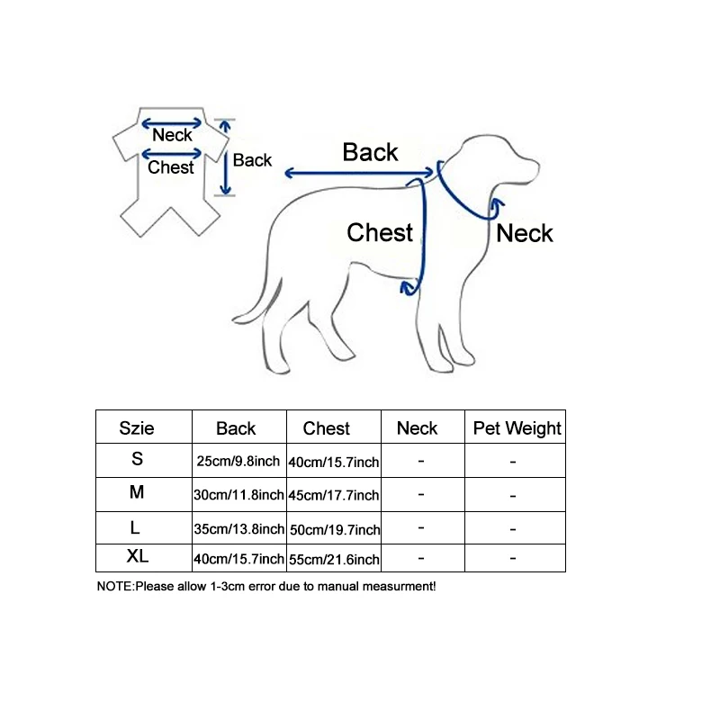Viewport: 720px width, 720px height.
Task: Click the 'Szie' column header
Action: (137, 428)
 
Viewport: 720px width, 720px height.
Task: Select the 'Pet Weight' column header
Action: (517, 428)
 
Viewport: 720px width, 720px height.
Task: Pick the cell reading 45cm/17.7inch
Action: (335, 495)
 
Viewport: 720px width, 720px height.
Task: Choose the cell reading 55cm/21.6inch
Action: (335, 560)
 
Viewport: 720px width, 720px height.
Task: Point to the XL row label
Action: (137, 557)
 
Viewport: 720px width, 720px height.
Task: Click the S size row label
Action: (137, 459)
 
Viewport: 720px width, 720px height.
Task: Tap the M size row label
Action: (137, 492)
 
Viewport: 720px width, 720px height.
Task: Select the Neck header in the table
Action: (417, 428)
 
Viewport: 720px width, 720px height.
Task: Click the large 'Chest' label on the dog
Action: (380, 232)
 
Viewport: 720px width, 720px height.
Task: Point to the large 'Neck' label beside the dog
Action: (525, 233)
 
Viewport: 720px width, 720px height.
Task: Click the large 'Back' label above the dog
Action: (370, 153)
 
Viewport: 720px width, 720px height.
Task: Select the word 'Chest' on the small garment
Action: (171, 167)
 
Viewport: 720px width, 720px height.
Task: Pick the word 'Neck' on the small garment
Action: (172, 136)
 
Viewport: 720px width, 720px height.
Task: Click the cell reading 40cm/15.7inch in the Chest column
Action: (335, 462)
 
